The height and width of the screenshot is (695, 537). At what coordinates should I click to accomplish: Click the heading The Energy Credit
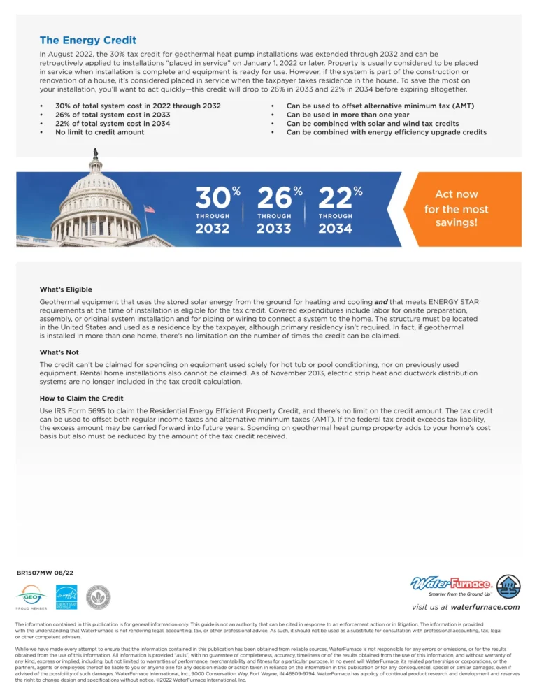(88, 41)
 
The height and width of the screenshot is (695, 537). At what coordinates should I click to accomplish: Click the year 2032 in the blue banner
(213, 229)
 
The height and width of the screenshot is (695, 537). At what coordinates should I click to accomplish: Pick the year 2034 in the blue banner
(335, 229)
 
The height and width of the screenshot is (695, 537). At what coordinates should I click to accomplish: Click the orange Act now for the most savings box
(456, 209)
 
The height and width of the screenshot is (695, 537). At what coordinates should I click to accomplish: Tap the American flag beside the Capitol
(148, 209)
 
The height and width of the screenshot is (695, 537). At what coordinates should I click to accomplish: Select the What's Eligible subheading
(66, 289)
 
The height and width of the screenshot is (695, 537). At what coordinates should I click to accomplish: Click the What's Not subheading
(59, 353)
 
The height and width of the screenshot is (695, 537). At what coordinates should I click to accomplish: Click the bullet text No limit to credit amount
(100, 132)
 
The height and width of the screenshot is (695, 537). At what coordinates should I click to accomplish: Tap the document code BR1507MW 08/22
(45, 573)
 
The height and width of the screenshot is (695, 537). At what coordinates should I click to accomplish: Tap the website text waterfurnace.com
(485, 607)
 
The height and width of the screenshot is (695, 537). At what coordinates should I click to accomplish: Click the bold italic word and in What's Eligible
(381, 302)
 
